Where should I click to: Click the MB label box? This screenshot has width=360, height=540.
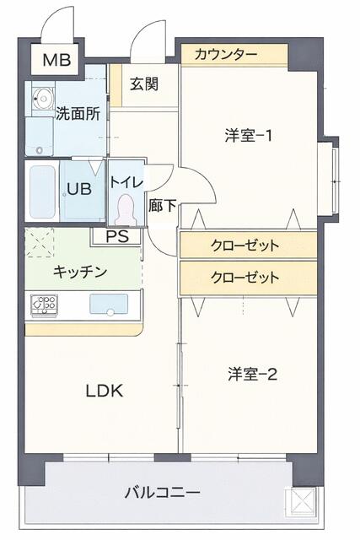[57, 60]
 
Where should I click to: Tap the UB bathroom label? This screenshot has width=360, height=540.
[79, 189]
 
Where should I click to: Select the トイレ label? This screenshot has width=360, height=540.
[126, 181]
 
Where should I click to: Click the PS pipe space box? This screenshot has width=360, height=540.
[123, 236]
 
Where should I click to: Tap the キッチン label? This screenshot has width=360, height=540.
[79, 271]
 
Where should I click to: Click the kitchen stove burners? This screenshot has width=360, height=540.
[44, 304]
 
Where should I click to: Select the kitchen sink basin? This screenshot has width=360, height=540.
[108, 303]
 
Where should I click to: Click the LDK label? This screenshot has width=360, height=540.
[105, 391]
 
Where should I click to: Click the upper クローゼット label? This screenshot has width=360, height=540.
[244, 246]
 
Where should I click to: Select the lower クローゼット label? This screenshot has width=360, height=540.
[244, 276]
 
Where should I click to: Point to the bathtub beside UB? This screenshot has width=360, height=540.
[40, 192]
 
